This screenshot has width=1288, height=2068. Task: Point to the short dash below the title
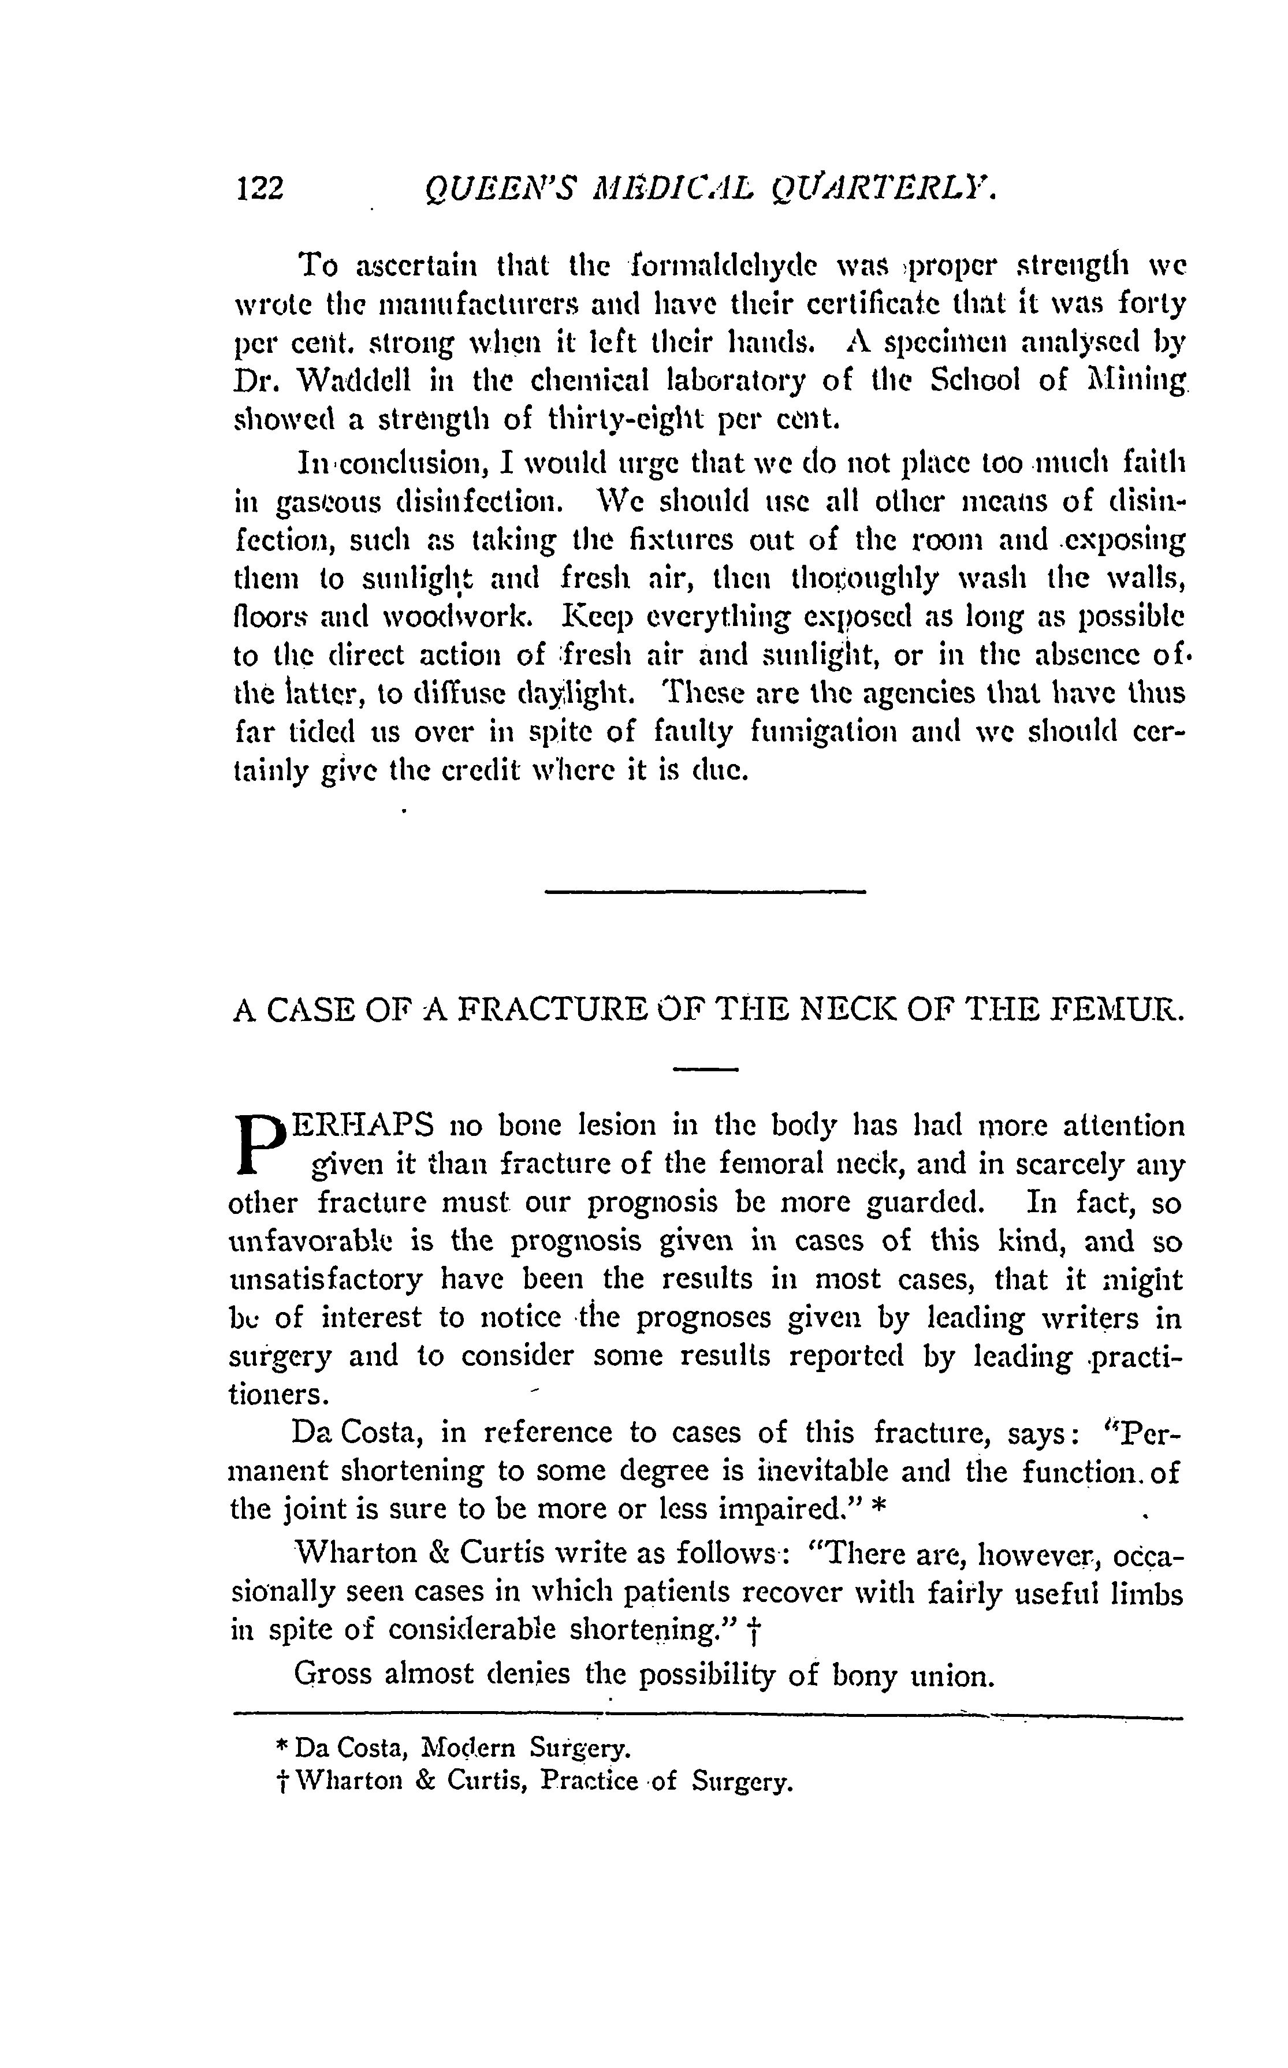point(705,1069)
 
